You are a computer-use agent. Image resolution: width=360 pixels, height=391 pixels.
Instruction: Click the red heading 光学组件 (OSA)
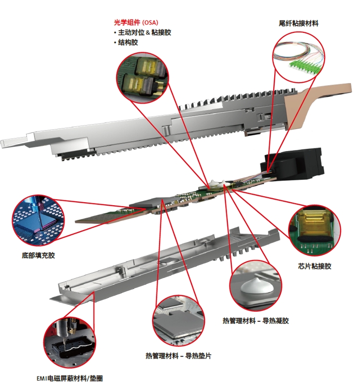pyautogui.click(x=136, y=22)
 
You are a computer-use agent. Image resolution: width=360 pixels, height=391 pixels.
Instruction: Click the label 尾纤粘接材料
pyautogui.click(x=299, y=23)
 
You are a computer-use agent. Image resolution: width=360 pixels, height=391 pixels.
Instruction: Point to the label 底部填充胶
pyautogui.click(x=38, y=256)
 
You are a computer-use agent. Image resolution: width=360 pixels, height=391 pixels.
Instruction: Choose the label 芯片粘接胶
pyautogui.click(x=315, y=266)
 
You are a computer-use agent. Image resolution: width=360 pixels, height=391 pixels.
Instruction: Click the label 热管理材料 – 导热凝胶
pyautogui.click(x=256, y=320)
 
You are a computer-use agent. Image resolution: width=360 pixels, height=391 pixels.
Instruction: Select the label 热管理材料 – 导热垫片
pyautogui.click(x=179, y=356)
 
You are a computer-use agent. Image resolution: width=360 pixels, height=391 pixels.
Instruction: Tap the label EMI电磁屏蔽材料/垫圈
pyautogui.click(x=70, y=379)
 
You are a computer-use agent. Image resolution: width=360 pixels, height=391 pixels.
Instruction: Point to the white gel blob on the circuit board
pyautogui.click(x=216, y=184)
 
